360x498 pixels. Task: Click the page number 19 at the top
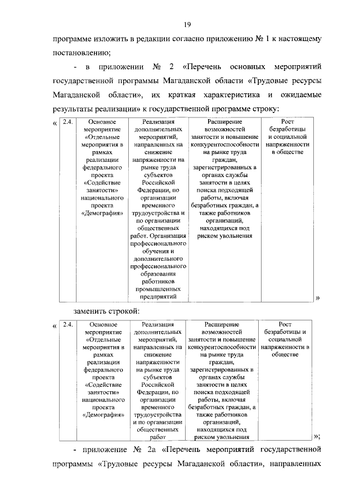(x=187, y=23)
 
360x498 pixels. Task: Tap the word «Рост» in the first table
(x=286, y=122)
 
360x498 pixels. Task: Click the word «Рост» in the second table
(x=285, y=324)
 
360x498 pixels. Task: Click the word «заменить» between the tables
(x=91, y=311)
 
